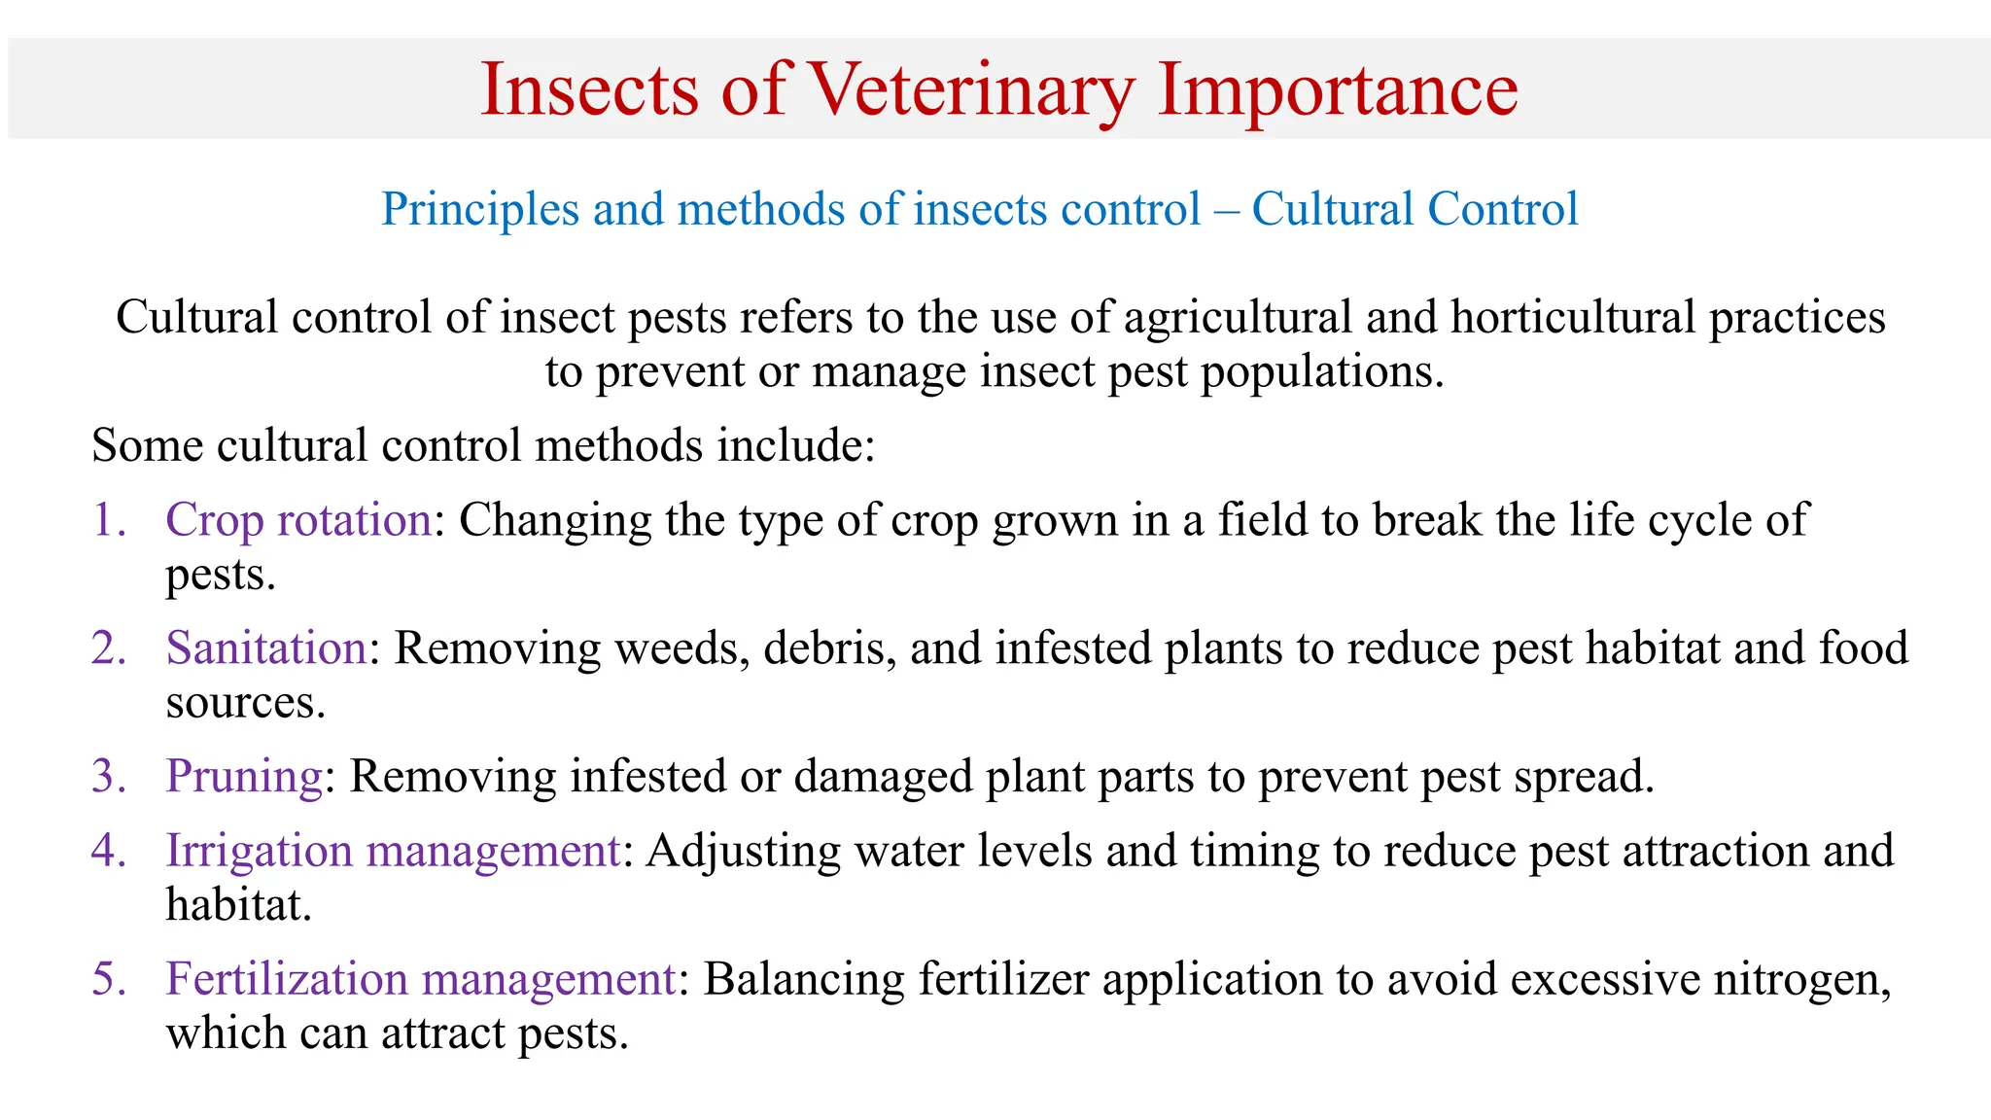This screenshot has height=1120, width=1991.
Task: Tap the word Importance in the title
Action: click(x=1338, y=89)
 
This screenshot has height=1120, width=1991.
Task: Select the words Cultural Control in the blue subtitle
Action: click(x=1415, y=209)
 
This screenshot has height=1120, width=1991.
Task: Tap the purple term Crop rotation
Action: click(x=298, y=520)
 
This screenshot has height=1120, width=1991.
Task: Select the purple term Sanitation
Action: click(x=266, y=648)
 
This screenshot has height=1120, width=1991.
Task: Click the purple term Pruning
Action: click(x=244, y=777)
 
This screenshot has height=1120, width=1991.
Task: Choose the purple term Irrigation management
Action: click(x=393, y=851)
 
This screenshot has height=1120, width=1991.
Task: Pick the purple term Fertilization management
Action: click(x=421, y=979)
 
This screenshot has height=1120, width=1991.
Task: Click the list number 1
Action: click(x=108, y=520)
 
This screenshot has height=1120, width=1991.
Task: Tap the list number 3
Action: click(x=108, y=777)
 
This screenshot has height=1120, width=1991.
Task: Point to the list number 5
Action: click(x=108, y=979)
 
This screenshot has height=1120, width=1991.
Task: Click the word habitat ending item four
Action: click(x=237, y=905)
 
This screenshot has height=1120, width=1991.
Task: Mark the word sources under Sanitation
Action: click(x=244, y=703)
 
